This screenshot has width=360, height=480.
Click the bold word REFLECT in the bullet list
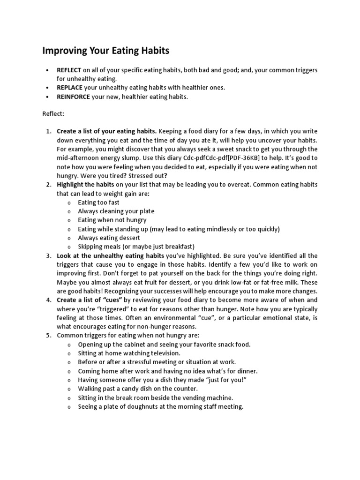point(69,70)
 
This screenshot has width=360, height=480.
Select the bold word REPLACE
point(69,88)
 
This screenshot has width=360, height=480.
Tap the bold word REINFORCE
point(73,97)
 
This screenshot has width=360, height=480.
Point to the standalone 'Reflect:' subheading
point(54,113)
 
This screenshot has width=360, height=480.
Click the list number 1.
point(48,131)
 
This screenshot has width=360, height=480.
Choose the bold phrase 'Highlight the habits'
point(85,184)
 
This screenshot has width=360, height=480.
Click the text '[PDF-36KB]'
point(247,157)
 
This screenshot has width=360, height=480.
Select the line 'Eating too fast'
point(98,202)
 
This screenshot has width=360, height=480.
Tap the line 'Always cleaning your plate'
point(116,211)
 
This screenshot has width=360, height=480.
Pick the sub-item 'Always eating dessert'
point(109,238)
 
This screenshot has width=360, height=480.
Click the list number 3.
point(48,255)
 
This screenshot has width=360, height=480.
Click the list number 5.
point(48,335)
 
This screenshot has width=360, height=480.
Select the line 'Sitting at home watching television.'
point(129,353)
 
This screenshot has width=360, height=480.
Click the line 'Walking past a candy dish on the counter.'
point(138,389)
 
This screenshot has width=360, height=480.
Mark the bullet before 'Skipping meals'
point(69,247)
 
